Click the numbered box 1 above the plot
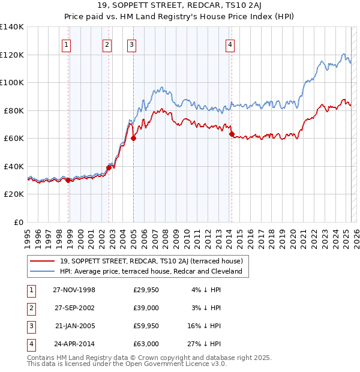66,44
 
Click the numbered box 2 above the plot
107,44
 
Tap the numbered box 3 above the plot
131,44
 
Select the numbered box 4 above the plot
230,44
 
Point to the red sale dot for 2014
232,134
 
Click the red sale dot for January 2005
134,139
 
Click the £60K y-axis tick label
14,139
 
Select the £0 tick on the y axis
18,222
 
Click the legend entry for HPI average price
151,271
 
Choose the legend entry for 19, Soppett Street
151,261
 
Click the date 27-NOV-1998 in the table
74,290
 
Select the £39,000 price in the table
146,308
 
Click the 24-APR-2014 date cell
74,344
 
